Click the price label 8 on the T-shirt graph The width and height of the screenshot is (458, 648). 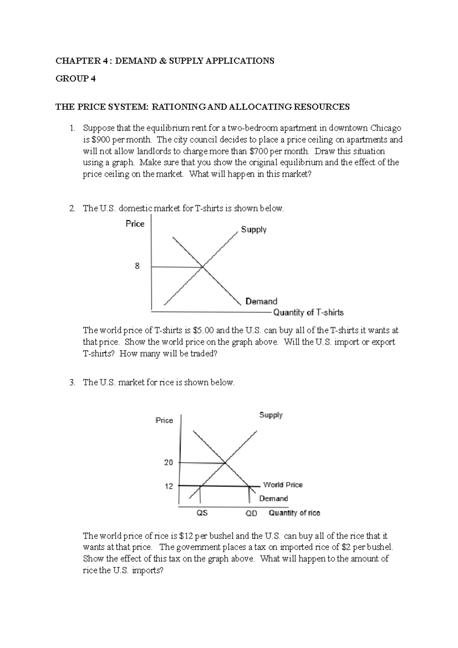137,266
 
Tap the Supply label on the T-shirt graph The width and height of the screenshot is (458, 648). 253,230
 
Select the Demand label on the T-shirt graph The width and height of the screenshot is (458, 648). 261,301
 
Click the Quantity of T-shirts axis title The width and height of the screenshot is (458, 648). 308,313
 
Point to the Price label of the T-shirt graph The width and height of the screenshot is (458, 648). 135,224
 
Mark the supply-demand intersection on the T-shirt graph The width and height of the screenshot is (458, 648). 202,267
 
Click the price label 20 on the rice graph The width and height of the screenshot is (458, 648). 168,463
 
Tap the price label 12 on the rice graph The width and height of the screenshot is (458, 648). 168,486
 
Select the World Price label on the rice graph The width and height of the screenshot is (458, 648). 282,485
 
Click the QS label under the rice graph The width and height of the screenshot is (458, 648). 202,513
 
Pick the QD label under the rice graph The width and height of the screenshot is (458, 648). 251,514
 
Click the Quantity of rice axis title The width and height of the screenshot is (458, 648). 294,513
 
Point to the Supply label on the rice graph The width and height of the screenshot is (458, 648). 271,415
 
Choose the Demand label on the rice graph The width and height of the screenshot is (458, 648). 273,498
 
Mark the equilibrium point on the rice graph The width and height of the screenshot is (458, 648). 225,463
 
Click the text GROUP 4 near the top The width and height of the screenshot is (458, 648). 76,79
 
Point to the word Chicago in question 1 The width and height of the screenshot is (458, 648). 386,128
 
